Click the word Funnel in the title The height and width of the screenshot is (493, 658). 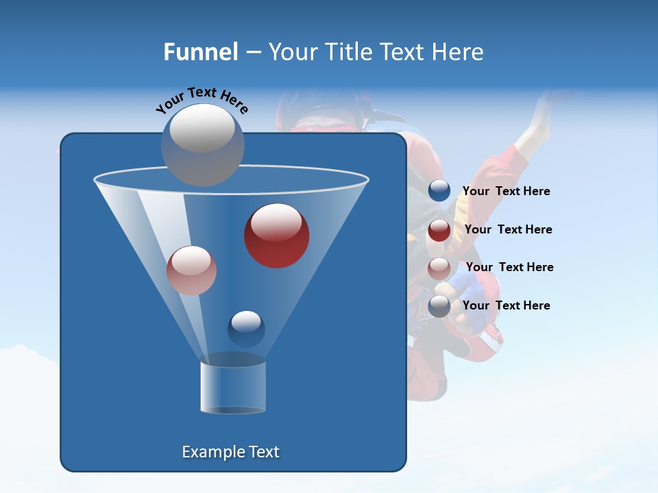(x=201, y=52)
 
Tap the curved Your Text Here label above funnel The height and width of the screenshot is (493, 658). (x=202, y=101)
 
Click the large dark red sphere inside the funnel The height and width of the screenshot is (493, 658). (x=276, y=236)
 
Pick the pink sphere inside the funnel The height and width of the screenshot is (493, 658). (x=191, y=270)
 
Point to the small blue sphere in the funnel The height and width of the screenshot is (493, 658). (x=246, y=329)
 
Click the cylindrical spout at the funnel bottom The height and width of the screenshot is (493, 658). (x=233, y=387)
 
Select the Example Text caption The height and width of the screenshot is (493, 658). (x=231, y=452)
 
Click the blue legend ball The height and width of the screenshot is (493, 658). (x=439, y=191)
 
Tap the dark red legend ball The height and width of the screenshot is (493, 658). (x=439, y=230)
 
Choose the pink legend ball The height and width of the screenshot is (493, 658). (x=439, y=268)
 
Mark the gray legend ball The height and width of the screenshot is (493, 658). (x=439, y=306)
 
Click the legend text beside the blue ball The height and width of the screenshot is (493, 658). (x=507, y=191)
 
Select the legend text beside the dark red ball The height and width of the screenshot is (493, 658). (x=508, y=229)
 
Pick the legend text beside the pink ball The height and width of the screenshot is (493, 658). (x=509, y=267)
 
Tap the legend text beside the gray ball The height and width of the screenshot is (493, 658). (x=507, y=305)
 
